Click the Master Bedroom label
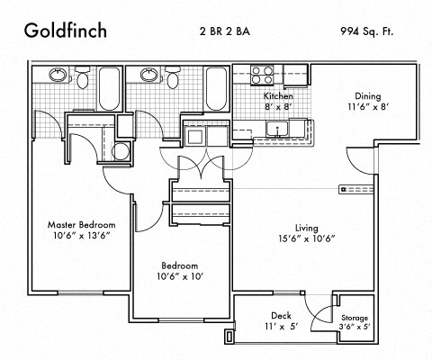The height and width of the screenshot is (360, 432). click(82, 223)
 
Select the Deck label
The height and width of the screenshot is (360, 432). click(281, 315)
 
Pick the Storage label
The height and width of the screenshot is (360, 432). click(354, 319)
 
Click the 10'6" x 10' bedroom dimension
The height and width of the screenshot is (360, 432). click(180, 277)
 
